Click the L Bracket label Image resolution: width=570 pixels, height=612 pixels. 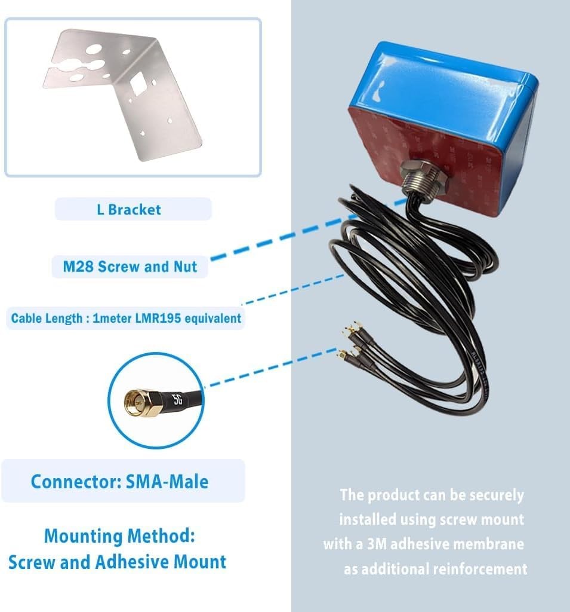(129, 210)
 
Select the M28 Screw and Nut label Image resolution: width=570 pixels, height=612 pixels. (130, 266)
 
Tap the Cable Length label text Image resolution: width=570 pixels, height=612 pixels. (126, 318)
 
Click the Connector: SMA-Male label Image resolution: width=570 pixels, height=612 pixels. (119, 482)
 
